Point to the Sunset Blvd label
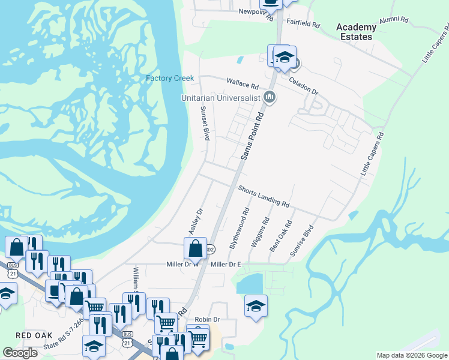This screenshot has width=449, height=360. coord(205,124)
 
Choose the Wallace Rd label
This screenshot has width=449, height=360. coord(242,84)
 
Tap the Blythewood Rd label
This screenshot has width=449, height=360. coord(239,229)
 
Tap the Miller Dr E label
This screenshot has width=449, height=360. coord(226,265)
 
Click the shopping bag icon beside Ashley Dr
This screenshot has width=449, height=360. coord(195,247)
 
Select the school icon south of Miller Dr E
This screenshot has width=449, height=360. coord(256,305)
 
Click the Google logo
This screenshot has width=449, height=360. coord(20,353)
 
